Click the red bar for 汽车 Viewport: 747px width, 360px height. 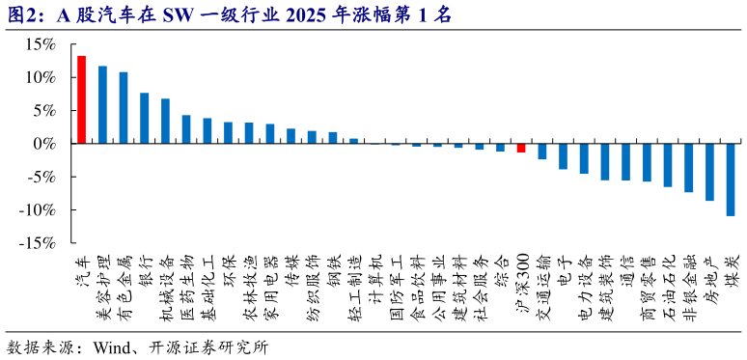(x=81, y=99)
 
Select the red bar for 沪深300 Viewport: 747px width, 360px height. (x=520, y=148)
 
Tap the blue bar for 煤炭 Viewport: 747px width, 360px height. (x=730, y=180)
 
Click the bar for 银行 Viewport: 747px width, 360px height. (x=144, y=118)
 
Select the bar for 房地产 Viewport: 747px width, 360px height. (x=709, y=172)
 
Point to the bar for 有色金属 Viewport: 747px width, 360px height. (x=124, y=107)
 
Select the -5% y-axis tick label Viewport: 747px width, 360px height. (x=41, y=177)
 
